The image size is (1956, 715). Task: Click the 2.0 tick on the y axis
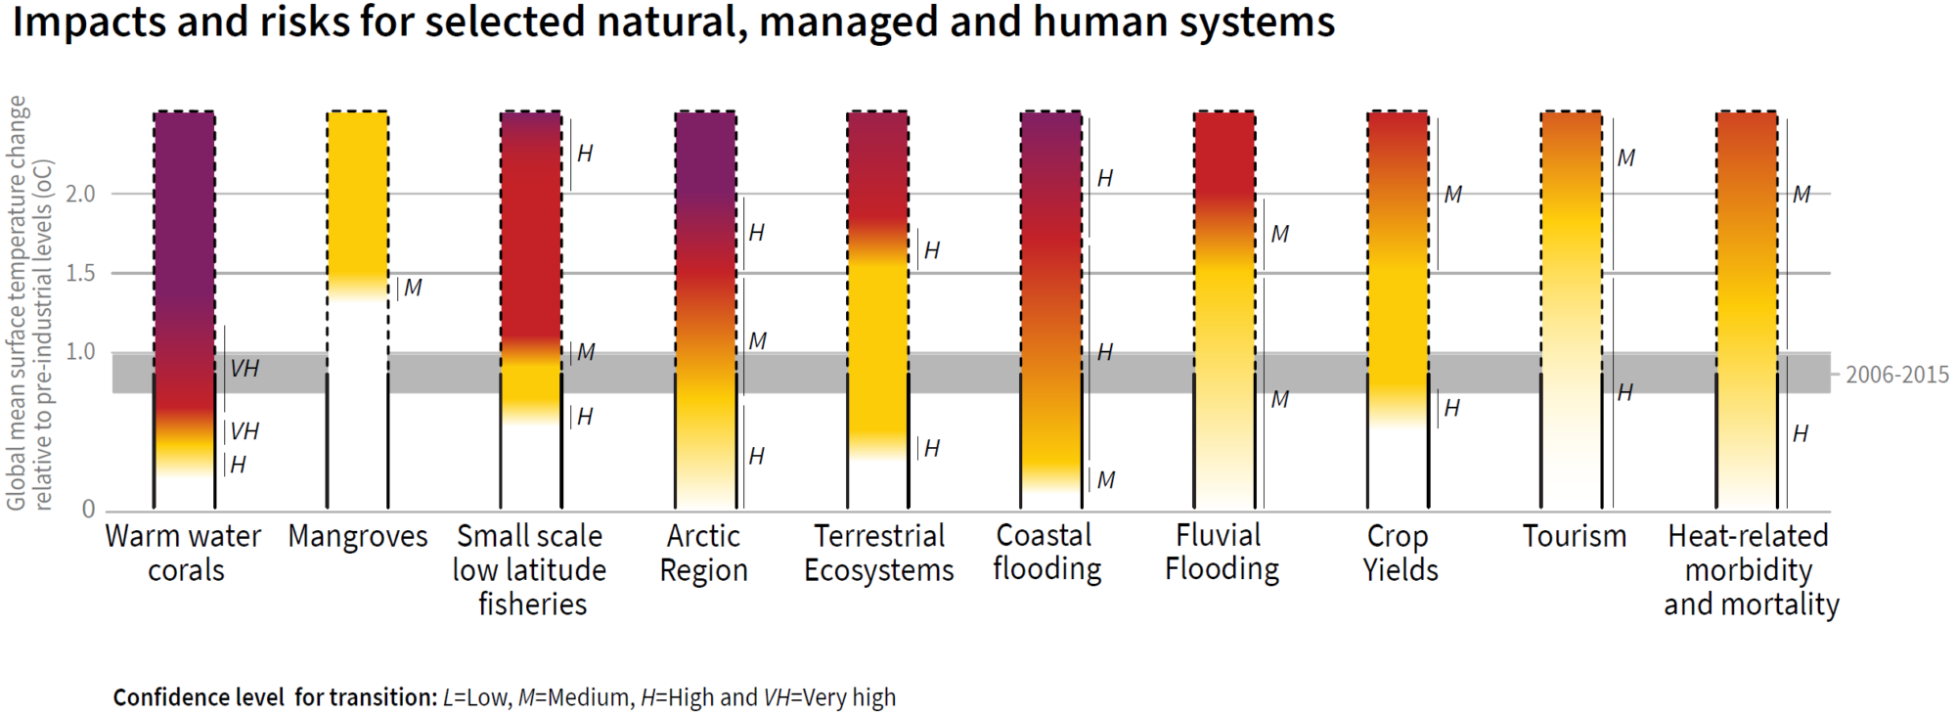(80, 194)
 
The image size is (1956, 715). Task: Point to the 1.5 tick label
(80, 273)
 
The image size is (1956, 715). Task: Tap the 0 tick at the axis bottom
(89, 509)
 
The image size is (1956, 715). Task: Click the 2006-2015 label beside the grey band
(1896, 375)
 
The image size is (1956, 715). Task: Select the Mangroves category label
(358, 537)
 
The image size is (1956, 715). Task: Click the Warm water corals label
(184, 553)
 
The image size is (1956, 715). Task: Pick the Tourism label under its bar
(1574, 536)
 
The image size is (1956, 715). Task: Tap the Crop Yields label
(1400, 553)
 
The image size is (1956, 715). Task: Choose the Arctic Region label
(703, 553)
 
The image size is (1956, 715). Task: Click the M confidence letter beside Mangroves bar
(413, 288)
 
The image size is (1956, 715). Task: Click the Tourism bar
(1572, 293)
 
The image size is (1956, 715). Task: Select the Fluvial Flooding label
(1222, 552)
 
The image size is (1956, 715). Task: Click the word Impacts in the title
(87, 22)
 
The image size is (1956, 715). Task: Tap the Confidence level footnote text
(504, 697)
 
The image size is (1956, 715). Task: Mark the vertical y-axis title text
(29, 303)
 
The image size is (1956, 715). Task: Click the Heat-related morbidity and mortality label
(1750, 570)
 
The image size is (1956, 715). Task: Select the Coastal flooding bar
(1051, 293)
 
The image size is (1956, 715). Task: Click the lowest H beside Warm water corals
(238, 465)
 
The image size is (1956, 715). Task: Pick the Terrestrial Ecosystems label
(878, 553)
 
